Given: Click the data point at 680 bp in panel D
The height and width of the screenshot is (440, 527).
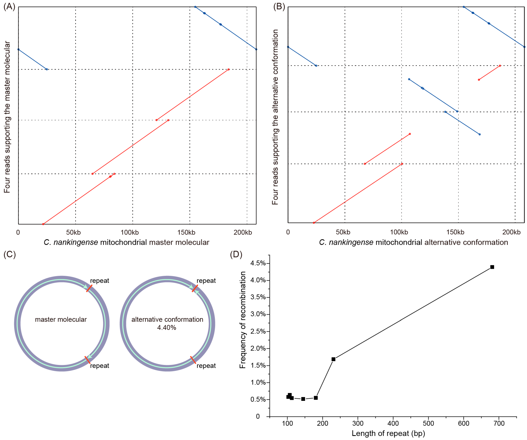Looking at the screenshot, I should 492,267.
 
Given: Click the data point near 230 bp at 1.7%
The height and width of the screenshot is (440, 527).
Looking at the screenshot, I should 333,359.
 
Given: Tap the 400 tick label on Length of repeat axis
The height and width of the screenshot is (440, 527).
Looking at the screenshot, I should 393,423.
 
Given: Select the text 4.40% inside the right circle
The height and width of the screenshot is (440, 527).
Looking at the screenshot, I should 167,328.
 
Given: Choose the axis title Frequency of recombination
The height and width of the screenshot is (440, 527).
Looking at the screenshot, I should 242,320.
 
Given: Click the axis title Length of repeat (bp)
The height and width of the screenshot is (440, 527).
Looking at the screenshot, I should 388,433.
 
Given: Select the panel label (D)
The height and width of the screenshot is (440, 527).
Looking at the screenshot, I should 236,254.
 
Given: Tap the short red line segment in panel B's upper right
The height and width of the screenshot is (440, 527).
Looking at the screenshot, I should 489,73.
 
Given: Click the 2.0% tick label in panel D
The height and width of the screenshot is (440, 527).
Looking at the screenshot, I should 258,348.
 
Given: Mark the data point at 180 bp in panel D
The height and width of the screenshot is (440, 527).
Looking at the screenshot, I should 316,398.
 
